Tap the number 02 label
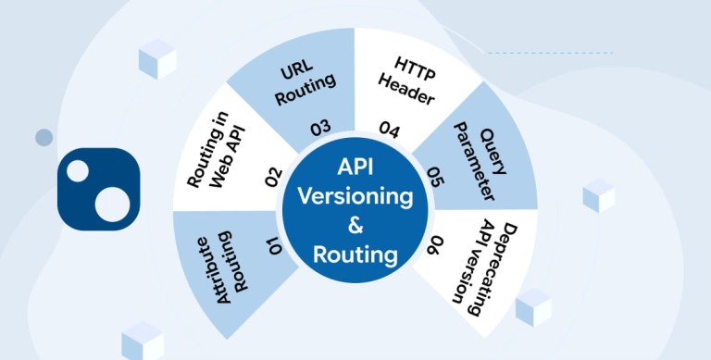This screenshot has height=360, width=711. [x=273, y=178]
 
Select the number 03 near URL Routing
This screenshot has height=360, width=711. [x=320, y=129]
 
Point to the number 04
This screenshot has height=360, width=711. [x=390, y=130]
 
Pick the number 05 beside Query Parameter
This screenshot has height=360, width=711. [x=435, y=177]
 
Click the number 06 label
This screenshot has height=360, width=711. [x=434, y=245]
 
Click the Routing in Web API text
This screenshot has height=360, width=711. [x=217, y=150]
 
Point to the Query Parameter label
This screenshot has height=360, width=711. [x=480, y=161]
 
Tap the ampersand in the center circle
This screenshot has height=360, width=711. [x=355, y=225]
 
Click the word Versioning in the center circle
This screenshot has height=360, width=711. [x=355, y=197]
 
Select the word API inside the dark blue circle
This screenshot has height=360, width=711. [x=355, y=167]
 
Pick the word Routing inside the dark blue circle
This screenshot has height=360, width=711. [x=355, y=254]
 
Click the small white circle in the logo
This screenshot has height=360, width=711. [x=78, y=171]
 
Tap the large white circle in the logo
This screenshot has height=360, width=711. [x=112, y=204]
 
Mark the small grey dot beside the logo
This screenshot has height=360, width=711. [x=44, y=137]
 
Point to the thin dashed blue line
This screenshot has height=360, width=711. [x=551, y=53]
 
